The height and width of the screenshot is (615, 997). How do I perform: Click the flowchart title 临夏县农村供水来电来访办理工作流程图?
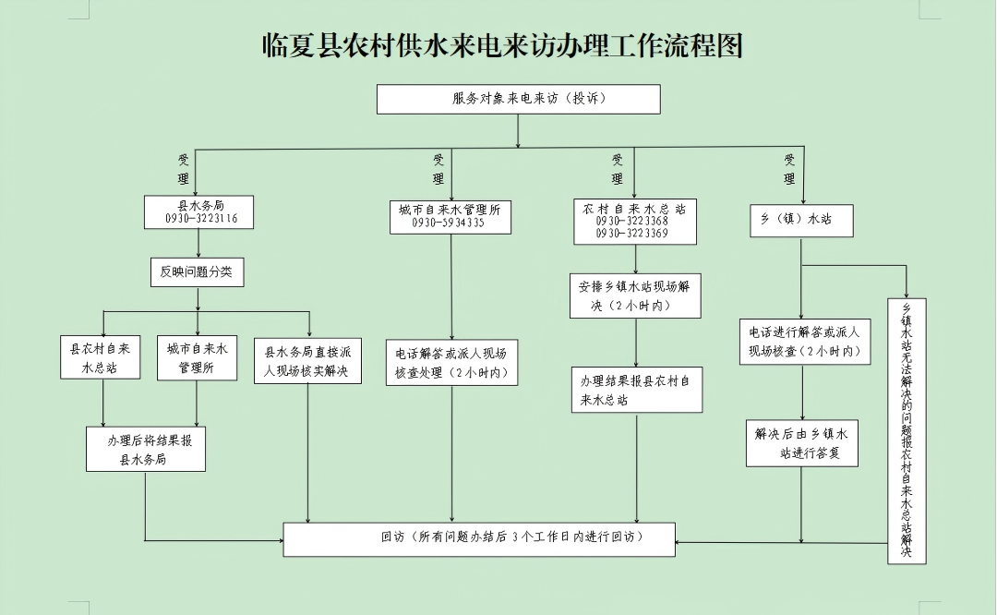(x=503, y=45)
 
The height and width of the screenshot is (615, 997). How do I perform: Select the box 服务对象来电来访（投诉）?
(x=518, y=99)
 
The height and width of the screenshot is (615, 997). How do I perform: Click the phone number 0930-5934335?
(x=449, y=223)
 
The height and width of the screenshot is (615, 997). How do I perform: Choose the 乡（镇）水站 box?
(x=801, y=220)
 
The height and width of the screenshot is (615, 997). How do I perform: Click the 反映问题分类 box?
(x=196, y=271)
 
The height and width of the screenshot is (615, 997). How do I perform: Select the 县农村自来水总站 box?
(x=102, y=357)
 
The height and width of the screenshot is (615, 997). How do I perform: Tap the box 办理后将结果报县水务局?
(x=145, y=449)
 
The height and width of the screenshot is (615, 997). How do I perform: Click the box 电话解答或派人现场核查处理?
(x=451, y=363)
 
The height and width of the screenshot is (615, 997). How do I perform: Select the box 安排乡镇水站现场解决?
(x=634, y=295)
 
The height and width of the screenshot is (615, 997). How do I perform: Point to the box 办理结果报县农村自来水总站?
(x=635, y=389)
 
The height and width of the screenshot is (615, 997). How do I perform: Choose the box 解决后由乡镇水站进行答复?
(x=801, y=443)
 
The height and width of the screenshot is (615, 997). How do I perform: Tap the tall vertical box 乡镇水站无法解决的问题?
(x=907, y=430)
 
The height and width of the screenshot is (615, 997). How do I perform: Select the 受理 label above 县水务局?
(x=183, y=168)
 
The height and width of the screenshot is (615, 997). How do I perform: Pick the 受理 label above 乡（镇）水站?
(x=789, y=168)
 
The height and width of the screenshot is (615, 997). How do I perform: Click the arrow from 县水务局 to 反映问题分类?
(x=198, y=244)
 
